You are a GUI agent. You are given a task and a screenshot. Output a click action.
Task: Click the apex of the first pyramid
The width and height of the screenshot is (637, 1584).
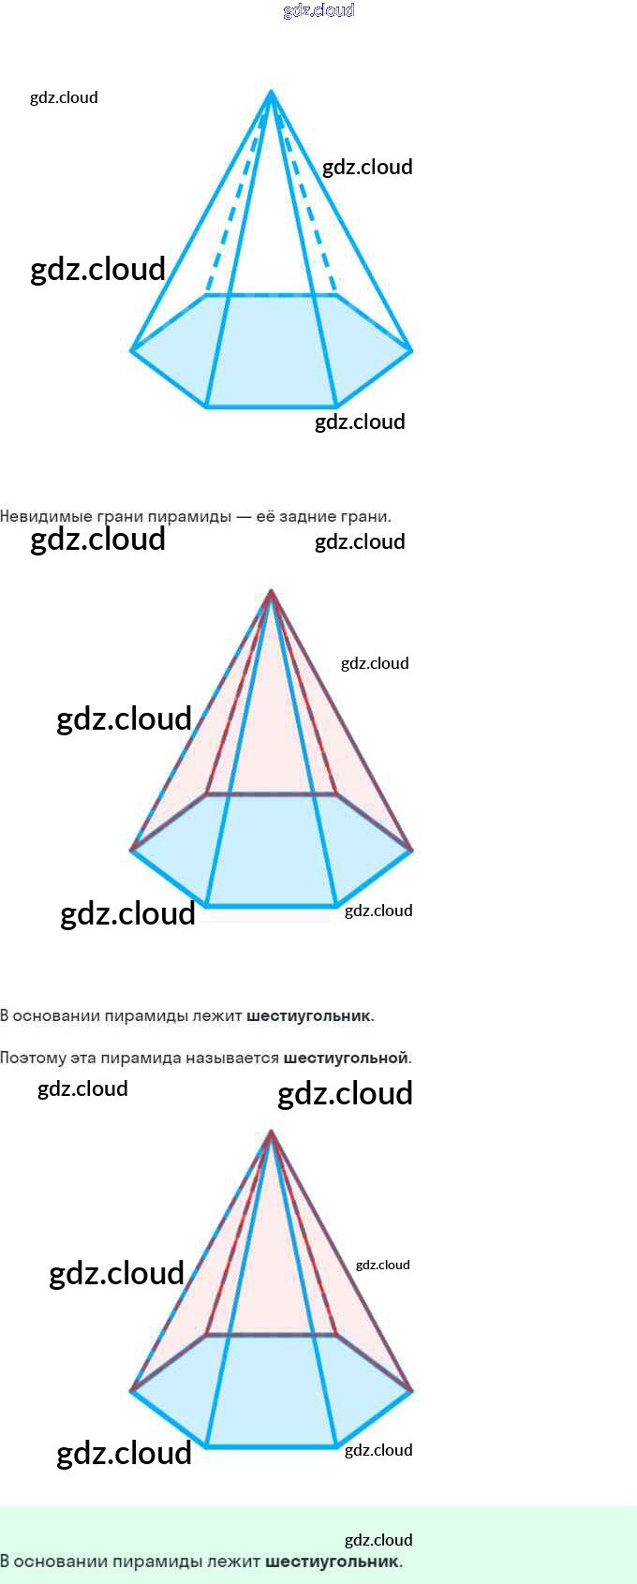[x=271, y=92]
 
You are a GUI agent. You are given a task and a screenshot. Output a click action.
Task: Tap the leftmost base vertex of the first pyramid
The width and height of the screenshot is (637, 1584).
[x=131, y=350]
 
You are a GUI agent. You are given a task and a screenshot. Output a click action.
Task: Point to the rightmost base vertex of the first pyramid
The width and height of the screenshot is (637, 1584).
[x=411, y=350]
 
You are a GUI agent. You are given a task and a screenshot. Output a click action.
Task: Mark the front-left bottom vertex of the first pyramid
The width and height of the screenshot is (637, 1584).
[x=206, y=407]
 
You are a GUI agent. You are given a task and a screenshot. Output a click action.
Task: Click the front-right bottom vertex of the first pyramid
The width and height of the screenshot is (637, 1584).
[x=335, y=407]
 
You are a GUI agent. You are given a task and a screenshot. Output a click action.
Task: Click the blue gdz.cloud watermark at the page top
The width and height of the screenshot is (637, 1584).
[x=318, y=10]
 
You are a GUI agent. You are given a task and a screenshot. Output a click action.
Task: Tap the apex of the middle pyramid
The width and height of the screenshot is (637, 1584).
[x=271, y=591]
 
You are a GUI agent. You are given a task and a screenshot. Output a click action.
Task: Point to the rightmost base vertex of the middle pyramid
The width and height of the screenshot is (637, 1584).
[x=411, y=850]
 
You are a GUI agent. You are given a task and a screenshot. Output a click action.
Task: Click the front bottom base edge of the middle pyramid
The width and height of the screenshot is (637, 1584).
[x=271, y=906]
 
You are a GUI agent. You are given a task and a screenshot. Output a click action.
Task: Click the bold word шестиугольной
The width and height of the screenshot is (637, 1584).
[x=346, y=1058]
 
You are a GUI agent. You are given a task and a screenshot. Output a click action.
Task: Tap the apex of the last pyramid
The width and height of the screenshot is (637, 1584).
[x=271, y=1132]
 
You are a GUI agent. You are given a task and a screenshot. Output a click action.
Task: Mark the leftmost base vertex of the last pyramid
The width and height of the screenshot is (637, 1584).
[x=131, y=1391]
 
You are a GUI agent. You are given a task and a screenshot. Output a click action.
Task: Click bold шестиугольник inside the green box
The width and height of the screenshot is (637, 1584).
[x=333, y=1562]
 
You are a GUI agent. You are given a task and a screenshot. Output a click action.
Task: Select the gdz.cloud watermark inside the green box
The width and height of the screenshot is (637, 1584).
[x=378, y=1540]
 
